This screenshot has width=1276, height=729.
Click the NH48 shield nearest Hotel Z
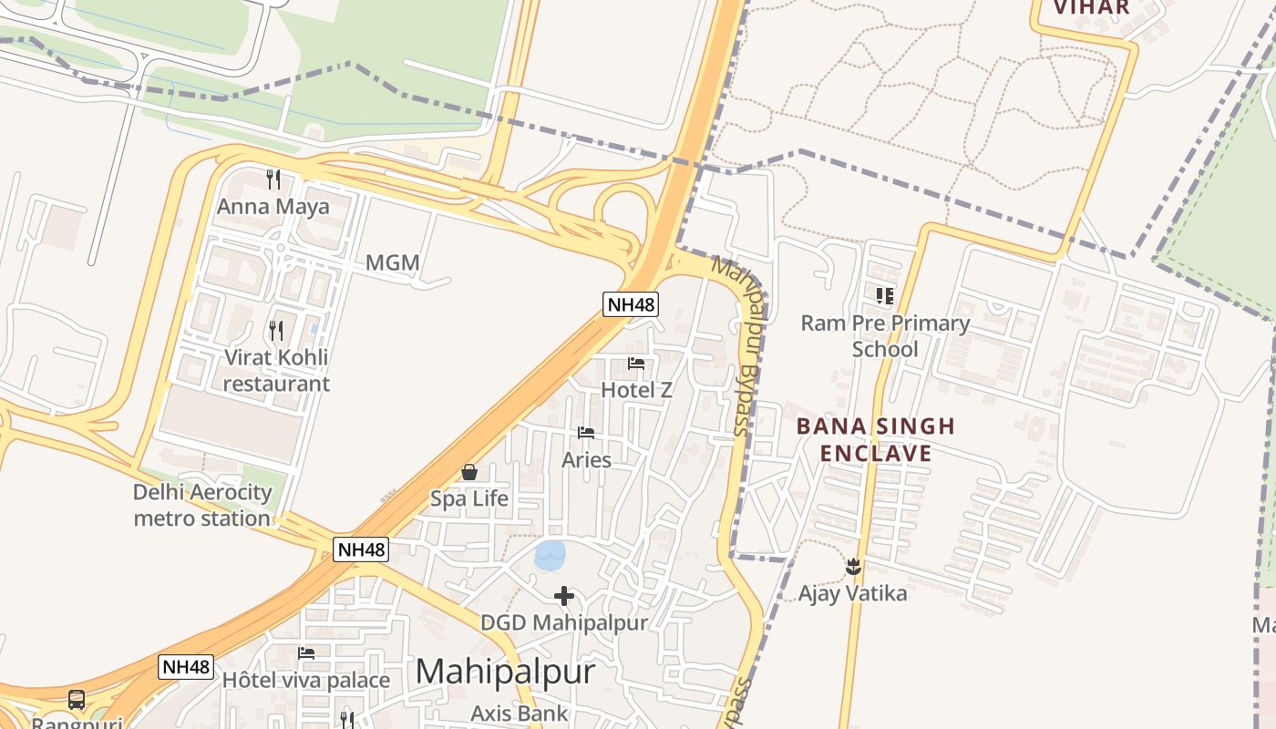(631, 304)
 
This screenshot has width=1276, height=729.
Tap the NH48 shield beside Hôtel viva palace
(186, 667)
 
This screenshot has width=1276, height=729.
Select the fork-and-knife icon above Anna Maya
(273, 178)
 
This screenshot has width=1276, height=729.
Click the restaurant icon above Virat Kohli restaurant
(276, 330)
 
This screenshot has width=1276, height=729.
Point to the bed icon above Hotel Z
(636, 364)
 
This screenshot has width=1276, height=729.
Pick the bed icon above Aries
(586, 433)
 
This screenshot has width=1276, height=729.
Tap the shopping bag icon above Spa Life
(469, 472)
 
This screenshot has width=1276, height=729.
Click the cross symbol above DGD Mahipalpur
(564, 596)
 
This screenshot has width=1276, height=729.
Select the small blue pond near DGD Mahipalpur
(550, 555)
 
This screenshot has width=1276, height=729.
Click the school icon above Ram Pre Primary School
(885, 295)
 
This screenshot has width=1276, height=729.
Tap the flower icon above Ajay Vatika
(853, 567)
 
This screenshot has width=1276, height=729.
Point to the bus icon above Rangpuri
(77, 700)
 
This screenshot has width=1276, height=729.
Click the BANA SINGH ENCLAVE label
(876, 439)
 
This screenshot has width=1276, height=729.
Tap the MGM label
(393, 263)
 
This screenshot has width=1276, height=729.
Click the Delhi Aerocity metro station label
(202, 505)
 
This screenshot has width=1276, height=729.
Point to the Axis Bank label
(520, 714)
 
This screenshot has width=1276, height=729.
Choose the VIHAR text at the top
(1092, 8)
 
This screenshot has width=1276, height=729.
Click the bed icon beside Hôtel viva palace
(306, 653)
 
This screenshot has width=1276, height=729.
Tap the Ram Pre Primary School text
(885, 336)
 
